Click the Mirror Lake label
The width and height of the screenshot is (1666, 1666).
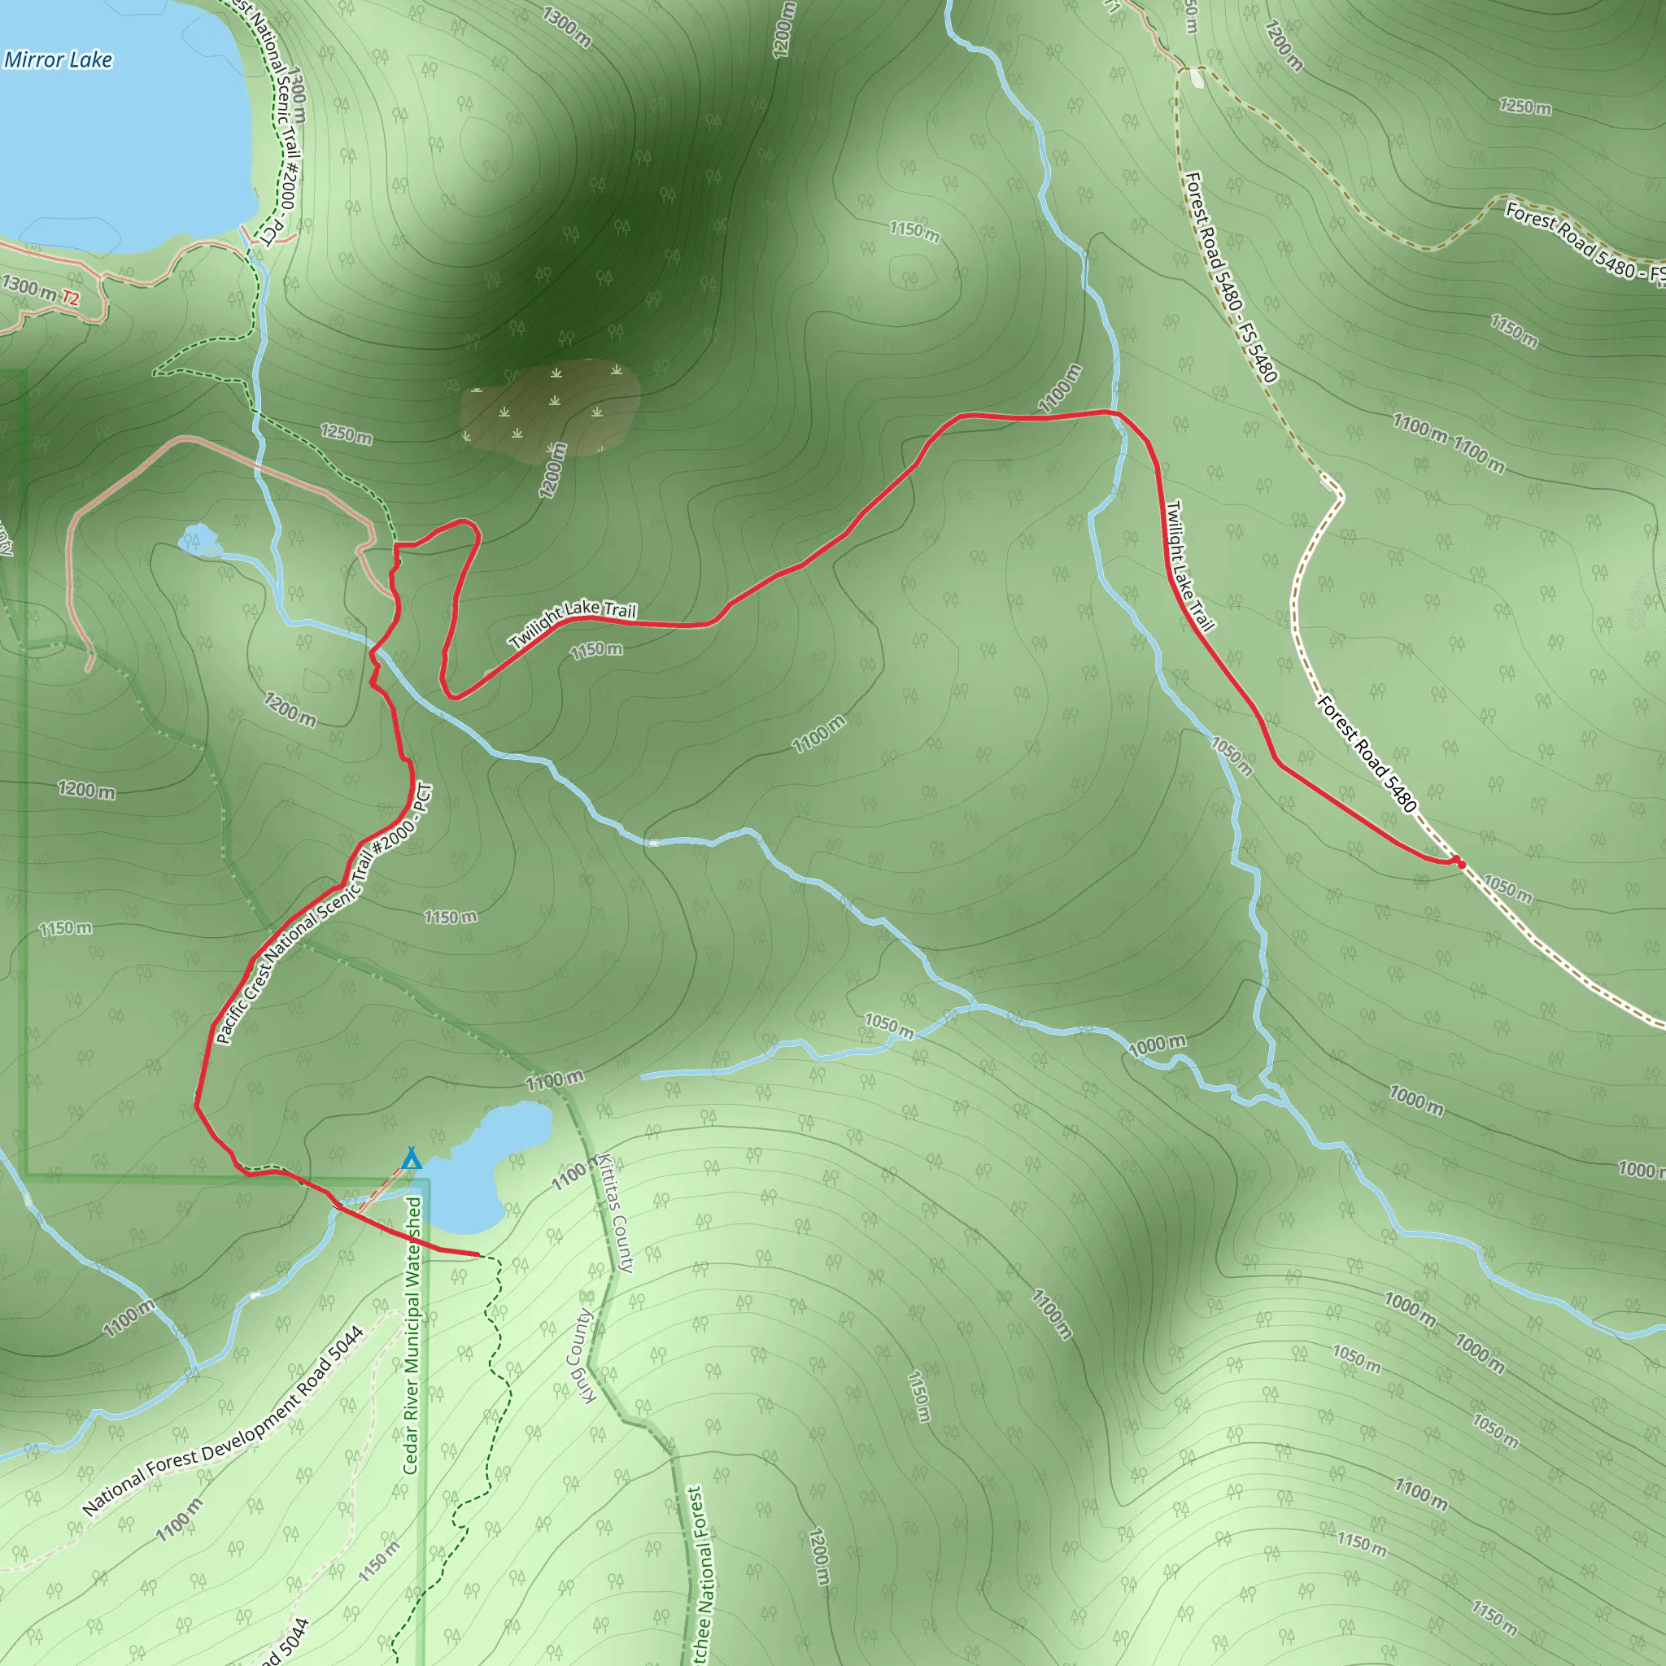[58, 59]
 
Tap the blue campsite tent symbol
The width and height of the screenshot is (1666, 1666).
[412, 1158]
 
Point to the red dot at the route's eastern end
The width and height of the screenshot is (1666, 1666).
[1460, 863]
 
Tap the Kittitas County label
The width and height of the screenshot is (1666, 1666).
[616, 1213]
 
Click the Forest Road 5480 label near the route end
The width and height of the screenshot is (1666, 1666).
[1367, 753]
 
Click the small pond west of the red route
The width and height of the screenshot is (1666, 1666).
[198, 540]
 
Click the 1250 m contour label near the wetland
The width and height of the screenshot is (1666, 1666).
[346, 433]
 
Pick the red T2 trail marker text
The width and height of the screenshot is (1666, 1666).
[70, 299]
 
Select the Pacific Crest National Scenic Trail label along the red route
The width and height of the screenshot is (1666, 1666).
[324, 914]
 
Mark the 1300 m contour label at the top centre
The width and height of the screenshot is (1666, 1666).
[566, 27]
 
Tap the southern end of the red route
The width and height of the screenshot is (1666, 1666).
[478, 1254]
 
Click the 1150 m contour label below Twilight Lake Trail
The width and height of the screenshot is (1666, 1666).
[595, 649]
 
